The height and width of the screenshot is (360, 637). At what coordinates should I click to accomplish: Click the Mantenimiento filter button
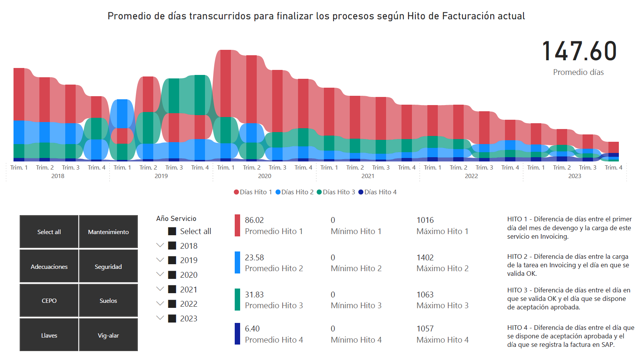(108, 232)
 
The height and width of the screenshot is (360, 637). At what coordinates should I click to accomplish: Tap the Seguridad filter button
(108, 267)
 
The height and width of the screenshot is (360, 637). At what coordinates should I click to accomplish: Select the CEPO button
(49, 301)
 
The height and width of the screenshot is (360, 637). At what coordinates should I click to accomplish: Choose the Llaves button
(49, 335)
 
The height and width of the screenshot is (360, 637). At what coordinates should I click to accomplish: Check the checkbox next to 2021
(173, 289)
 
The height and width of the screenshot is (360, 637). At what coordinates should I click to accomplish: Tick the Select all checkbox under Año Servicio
(173, 231)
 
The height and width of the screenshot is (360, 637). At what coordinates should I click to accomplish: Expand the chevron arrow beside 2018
(160, 245)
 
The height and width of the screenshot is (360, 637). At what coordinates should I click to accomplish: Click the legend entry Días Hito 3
(335, 192)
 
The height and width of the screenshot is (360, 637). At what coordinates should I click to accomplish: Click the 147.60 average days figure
(579, 51)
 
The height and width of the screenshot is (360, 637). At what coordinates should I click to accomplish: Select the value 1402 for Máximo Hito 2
(425, 258)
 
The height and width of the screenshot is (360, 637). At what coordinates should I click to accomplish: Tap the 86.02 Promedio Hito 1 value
(254, 220)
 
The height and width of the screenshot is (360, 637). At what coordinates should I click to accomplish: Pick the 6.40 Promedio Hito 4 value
(252, 329)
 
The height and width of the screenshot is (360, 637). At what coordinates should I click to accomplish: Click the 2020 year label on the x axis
(264, 176)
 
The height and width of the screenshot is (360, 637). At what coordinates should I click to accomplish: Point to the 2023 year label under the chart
(574, 176)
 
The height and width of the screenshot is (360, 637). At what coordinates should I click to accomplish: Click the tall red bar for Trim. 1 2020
(225, 83)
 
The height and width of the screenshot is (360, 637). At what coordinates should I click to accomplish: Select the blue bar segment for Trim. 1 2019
(122, 114)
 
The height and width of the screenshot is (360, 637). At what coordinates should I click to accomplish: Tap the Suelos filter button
(108, 301)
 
